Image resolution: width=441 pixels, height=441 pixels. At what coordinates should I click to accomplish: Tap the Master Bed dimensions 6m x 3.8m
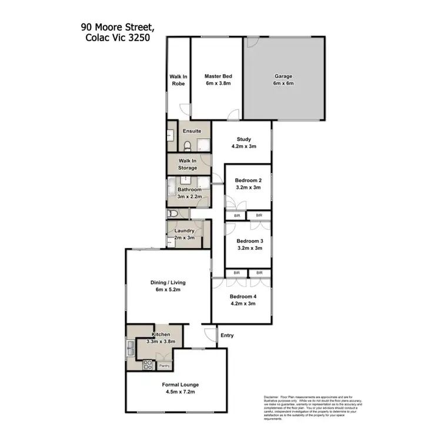[x=218, y=84]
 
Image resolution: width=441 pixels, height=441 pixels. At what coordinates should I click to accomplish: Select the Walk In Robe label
[x=178, y=80]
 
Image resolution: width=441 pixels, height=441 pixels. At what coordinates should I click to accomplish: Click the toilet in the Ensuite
[x=187, y=146]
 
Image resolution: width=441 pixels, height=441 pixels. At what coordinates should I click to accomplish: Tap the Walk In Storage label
[x=188, y=164]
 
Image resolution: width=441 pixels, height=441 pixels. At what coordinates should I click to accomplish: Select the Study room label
[x=243, y=139]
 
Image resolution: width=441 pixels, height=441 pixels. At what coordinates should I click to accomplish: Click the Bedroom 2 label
[x=248, y=180]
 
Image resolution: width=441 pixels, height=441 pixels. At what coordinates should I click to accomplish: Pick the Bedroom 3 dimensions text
[x=249, y=248]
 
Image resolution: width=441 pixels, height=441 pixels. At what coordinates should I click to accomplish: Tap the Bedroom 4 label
[x=243, y=297]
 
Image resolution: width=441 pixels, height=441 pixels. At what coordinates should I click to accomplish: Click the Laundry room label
[x=184, y=231]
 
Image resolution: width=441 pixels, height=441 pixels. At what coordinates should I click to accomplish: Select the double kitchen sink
[x=130, y=350]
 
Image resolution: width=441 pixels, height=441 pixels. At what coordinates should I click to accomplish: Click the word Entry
[x=226, y=336]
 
